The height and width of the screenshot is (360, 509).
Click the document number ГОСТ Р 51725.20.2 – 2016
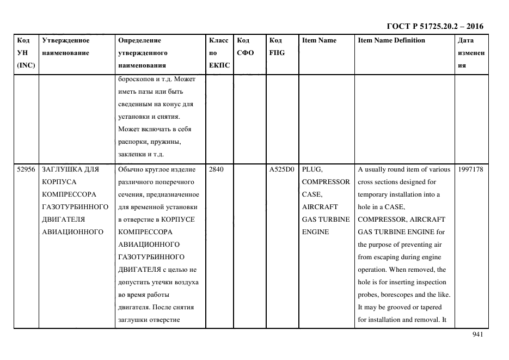(434, 26)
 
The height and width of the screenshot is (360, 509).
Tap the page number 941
(478, 334)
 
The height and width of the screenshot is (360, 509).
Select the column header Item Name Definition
(391, 40)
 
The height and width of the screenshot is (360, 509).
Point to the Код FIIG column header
(277, 46)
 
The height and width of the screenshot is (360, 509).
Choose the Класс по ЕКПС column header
(219, 53)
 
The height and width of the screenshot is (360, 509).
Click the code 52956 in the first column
(26, 169)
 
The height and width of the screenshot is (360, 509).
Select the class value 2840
(216, 169)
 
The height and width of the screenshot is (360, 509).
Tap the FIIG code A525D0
(281, 169)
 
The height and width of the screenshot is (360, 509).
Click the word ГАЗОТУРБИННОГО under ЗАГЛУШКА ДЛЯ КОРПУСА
(75, 207)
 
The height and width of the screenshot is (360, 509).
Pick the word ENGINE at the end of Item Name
(315, 232)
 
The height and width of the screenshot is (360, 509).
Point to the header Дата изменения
(471, 53)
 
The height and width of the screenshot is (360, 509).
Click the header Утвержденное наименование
(66, 46)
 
